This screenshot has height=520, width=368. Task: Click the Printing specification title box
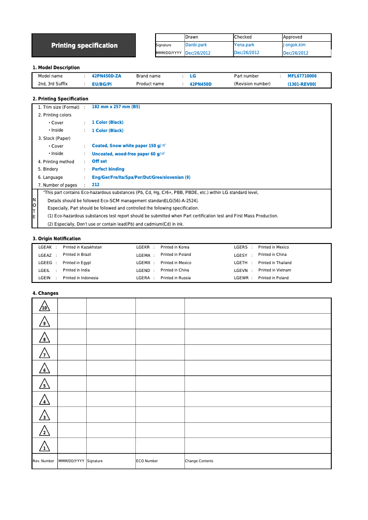(84, 45)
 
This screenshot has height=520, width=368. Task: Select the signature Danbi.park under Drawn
(196, 45)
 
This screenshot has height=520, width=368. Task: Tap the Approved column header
(292, 37)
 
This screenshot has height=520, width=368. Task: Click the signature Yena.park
(244, 45)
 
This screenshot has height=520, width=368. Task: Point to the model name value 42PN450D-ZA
(106, 76)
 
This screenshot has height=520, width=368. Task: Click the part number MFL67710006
(302, 76)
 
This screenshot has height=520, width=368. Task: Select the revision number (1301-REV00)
(301, 84)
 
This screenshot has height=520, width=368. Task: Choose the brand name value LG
(193, 76)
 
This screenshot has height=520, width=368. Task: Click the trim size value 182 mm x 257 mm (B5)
(116, 107)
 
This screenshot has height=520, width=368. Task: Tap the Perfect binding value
(108, 169)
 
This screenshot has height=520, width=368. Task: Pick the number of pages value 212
(95, 185)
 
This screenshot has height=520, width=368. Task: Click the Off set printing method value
(99, 161)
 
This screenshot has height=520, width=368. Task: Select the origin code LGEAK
(45, 247)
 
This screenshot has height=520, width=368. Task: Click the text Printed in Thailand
(275, 263)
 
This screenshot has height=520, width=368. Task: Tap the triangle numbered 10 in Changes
(44, 306)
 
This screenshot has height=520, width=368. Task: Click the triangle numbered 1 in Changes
(44, 446)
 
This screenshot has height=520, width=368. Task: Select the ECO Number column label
(147, 461)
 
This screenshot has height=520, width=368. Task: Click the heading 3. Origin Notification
(56, 238)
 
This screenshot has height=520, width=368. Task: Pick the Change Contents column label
(199, 461)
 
